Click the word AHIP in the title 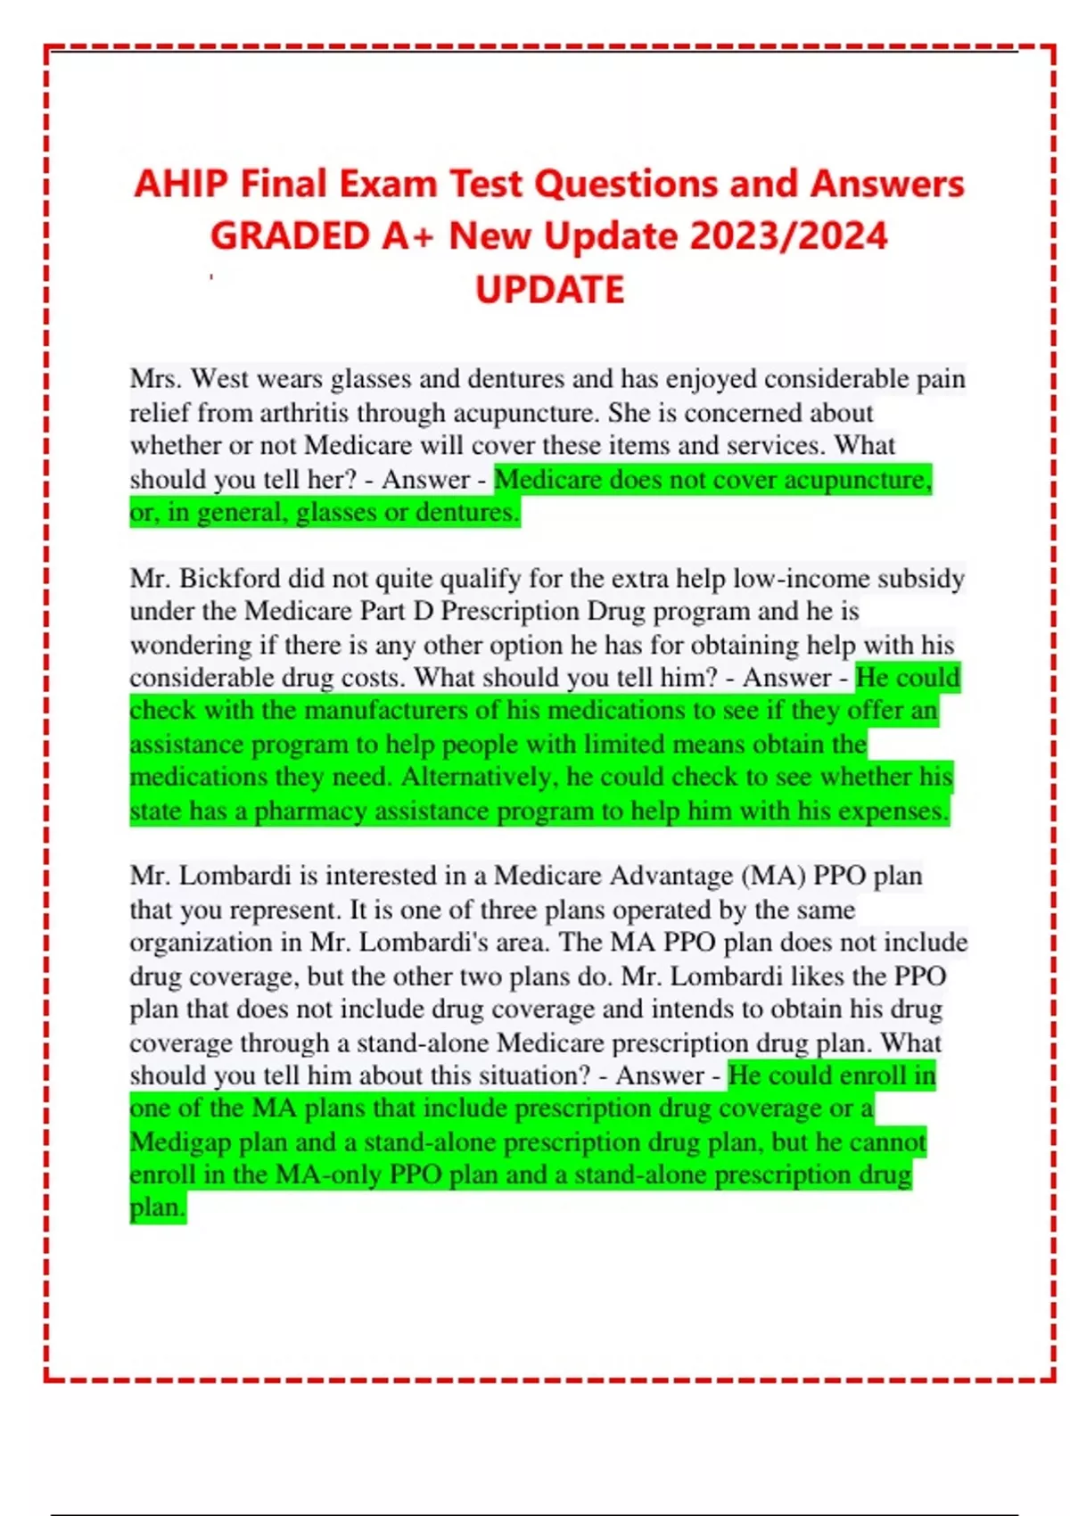[x=181, y=185]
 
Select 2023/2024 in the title [x=788, y=237]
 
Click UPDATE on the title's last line [x=549, y=290]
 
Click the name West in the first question [x=219, y=379]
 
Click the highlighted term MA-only [x=328, y=1174]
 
